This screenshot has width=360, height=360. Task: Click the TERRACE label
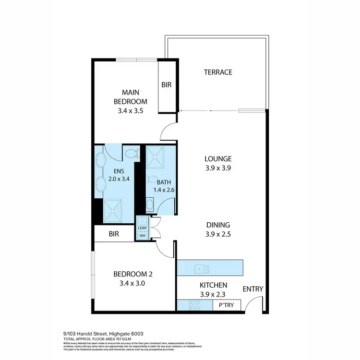click(x=218, y=72)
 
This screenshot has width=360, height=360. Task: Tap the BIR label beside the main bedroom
click(x=167, y=85)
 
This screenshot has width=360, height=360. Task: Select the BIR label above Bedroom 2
click(x=114, y=234)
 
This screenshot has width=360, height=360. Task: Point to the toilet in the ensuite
click(x=130, y=154)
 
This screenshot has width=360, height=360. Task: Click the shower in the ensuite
click(x=112, y=210)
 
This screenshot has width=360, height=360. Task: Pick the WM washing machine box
click(x=142, y=236)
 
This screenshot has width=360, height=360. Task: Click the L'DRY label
click(x=142, y=228)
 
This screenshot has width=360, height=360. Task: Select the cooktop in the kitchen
click(x=194, y=304)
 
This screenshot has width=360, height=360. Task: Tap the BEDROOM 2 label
click(x=132, y=274)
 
